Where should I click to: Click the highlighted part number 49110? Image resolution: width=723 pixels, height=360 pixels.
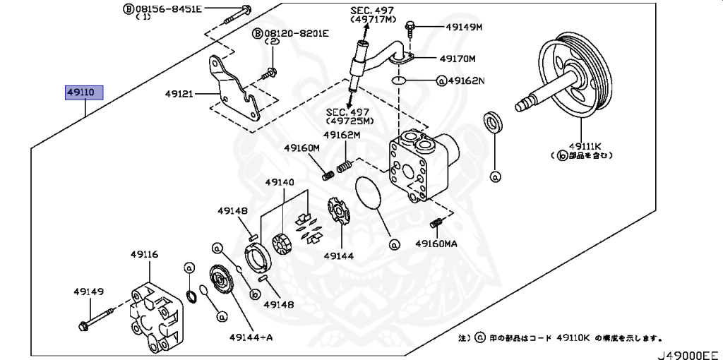coord(85,92)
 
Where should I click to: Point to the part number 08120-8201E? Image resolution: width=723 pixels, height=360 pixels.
coord(292,33)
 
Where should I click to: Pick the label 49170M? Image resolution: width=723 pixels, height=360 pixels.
coord(458,59)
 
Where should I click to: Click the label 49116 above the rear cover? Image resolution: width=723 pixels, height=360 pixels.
coord(143,255)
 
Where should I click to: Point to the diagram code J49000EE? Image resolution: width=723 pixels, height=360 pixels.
coord(688,354)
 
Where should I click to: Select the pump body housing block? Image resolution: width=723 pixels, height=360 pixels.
coord(420,166)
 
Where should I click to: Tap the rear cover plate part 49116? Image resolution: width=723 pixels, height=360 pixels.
coord(154,314)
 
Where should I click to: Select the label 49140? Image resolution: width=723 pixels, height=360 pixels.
coord(280,182)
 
